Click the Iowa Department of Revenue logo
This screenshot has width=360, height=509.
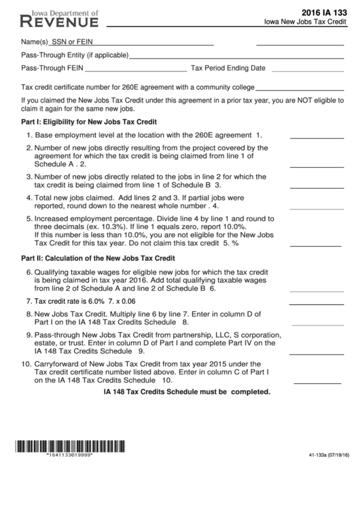[x=60, y=18]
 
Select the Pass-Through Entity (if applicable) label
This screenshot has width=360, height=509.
[x=75, y=55]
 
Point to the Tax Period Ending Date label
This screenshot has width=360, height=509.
[x=228, y=68]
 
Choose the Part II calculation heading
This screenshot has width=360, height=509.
[x=98, y=258]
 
